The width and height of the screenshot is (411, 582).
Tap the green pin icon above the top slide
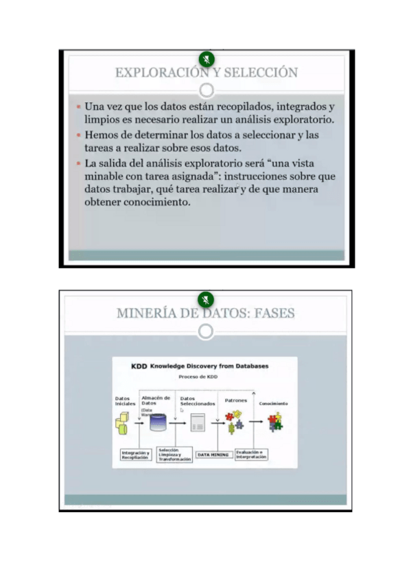206,59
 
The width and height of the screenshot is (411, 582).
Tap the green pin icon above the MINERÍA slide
205,300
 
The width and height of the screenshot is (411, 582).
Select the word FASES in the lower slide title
274,314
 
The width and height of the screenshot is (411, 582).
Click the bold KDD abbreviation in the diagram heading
139,366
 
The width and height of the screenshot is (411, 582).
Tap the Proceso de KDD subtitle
198,377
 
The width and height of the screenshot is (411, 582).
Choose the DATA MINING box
213,454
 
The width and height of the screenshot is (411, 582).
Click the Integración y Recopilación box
135,455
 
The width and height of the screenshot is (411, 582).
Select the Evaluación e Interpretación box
250,454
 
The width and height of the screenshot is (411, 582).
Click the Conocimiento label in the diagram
274,404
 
